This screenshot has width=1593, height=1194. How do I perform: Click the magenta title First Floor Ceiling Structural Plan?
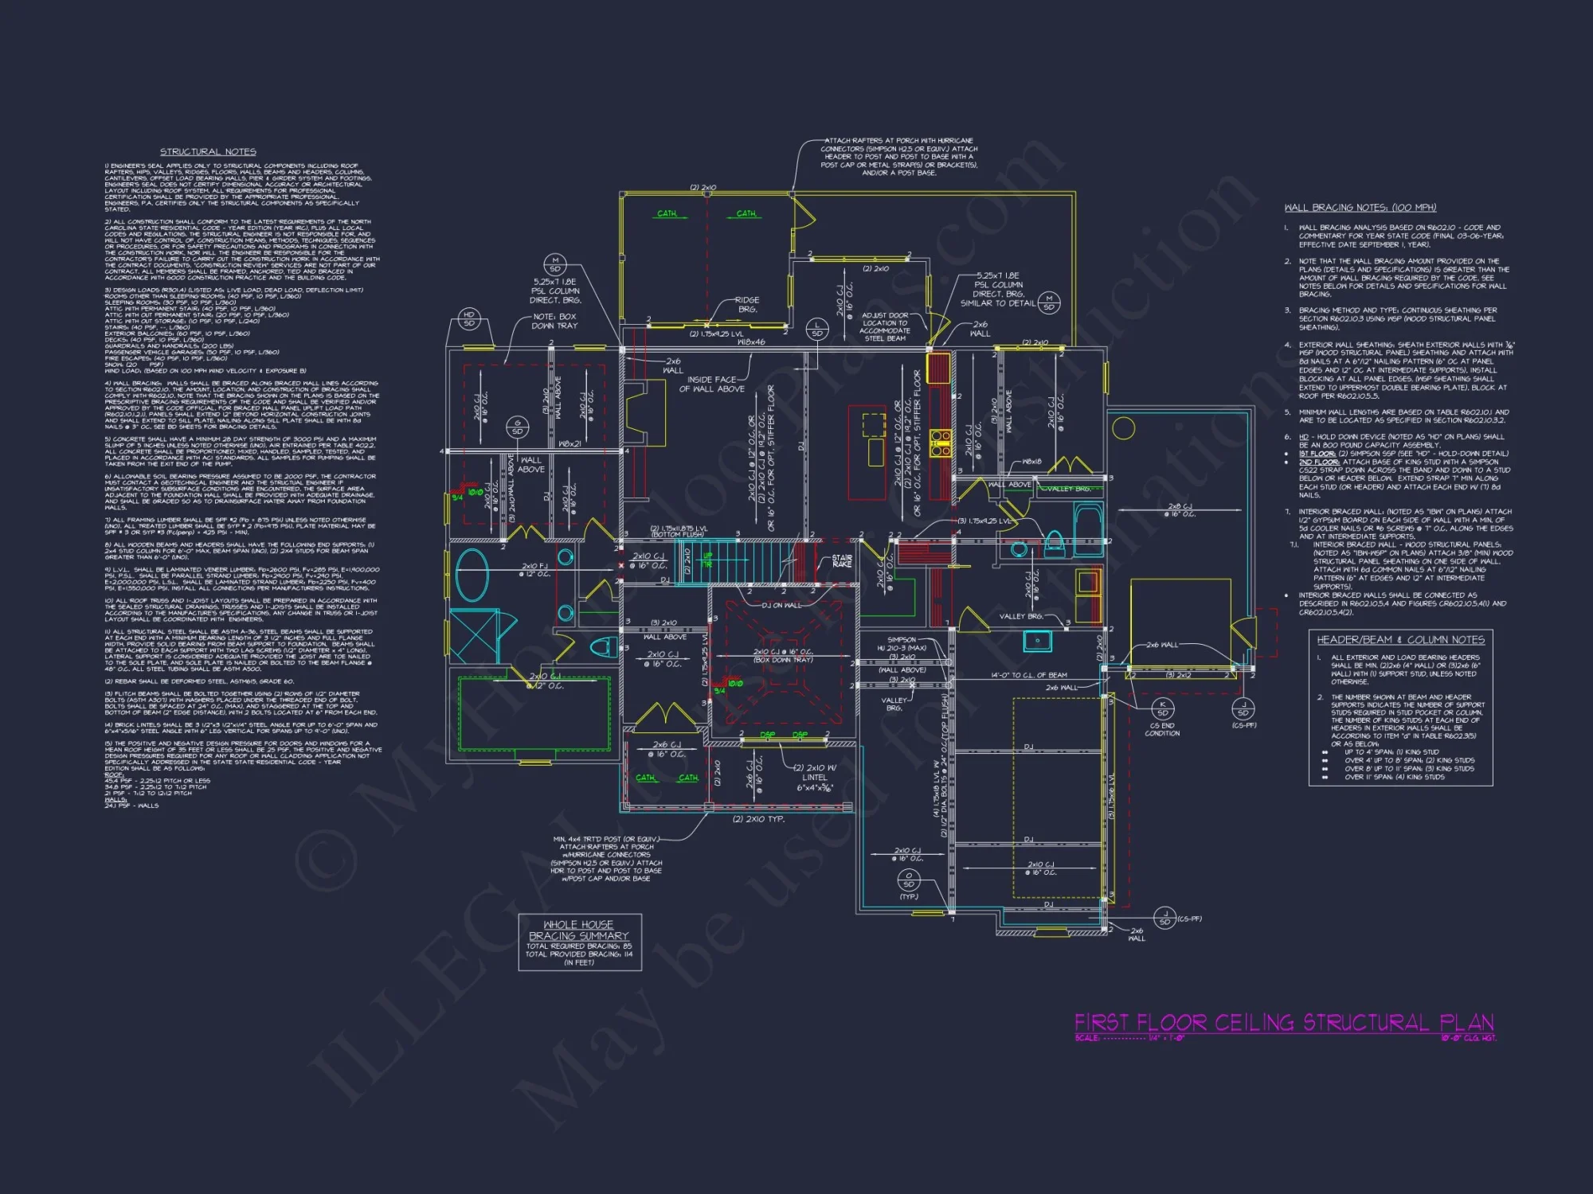click(1283, 1022)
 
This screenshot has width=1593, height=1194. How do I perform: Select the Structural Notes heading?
click(208, 151)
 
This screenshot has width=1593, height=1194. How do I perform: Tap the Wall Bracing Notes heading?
click(1360, 208)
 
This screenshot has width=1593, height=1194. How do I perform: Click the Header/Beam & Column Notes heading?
click(1400, 640)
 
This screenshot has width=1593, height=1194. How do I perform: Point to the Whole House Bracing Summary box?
click(579, 942)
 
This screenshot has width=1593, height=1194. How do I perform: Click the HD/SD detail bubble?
click(468, 319)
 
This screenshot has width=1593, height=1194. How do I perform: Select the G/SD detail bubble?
click(518, 427)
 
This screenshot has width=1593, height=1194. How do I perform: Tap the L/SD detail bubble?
click(817, 328)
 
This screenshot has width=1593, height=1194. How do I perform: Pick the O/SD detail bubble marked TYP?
click(909, 880)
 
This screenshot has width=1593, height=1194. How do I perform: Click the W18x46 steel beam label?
click(751, 341)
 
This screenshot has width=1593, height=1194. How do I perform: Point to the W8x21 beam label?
click(569, 443)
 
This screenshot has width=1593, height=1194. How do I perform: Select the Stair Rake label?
click(842, 561)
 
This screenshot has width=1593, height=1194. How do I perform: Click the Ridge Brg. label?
click(747, 304)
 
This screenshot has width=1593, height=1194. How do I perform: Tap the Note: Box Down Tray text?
click(554, 321)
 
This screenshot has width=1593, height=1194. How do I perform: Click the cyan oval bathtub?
click(472, 576)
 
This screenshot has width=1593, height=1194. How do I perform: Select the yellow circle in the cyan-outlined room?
click(1123, 428)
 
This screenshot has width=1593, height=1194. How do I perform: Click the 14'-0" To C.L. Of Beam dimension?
click(1028, 675)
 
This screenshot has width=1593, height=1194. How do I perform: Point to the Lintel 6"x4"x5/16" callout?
click(814, 778)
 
